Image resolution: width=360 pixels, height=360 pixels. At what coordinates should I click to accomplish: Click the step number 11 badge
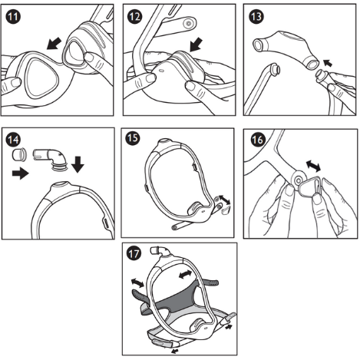14,15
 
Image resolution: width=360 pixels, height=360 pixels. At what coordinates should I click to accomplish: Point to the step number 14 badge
14,138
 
